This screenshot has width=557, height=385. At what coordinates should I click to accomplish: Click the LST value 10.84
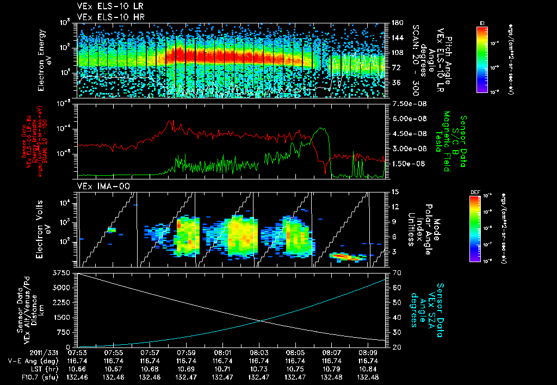click(x=368, y=369)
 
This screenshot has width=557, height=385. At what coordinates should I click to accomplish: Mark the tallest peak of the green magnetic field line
click(x=323, y=128)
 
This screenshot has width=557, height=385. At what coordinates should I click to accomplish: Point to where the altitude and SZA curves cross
click(x=261, y=321)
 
